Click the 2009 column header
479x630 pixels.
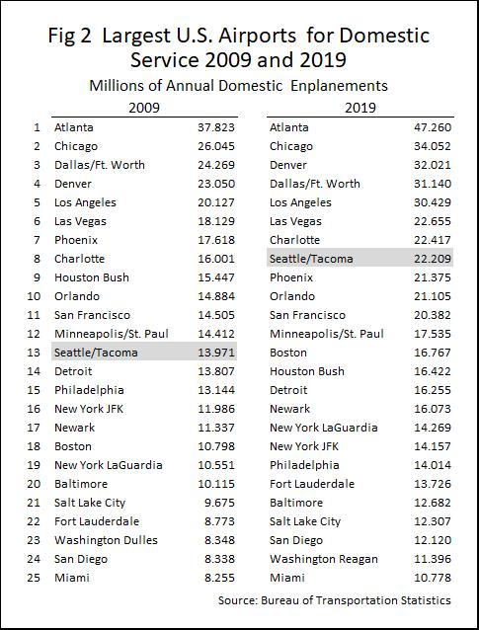[x=144, y=108]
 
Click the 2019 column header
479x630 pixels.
[x=360, y=108]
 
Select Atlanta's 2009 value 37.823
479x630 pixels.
[x=216, y=127]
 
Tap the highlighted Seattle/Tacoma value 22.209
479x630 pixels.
[x=433, y=259]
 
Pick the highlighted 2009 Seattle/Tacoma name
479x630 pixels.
[x=96, y=353]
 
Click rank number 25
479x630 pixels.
[x=34, y=578]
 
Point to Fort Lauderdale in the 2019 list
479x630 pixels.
[x=312, y=484]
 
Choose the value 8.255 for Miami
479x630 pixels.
[x=219, y=578]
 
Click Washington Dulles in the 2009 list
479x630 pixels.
[x=106, y=540]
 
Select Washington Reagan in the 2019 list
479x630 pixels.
[x=324, y=559]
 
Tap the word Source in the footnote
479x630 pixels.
[x=237, y=600]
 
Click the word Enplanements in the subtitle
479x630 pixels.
[x=339, y=86]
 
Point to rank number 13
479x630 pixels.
[x=34, y=353]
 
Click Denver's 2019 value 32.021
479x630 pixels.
[x=433, y=165]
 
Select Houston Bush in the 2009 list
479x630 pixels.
[x=92, y=277]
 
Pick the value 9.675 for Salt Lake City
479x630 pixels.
[x=219, y=503]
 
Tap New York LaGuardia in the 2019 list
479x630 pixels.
[x=324, y=428]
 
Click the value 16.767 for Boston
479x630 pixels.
[x=433, y=353]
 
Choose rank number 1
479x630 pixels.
[x=37, y=127]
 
